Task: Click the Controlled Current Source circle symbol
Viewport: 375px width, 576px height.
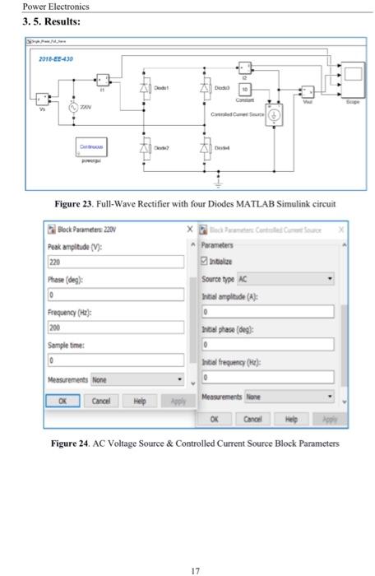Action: (274, 115)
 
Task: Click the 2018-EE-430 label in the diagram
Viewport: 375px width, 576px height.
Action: (57, 60)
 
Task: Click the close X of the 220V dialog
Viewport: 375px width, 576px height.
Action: (188, 230)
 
